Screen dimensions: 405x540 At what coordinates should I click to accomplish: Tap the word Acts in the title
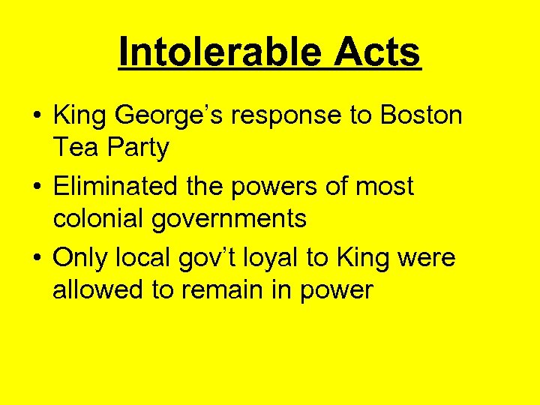(377, 53)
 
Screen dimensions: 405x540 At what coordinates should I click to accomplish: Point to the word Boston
(421, 115)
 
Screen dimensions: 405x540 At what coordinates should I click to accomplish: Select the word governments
(233, 218)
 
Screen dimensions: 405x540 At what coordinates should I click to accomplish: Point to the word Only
(82, 257)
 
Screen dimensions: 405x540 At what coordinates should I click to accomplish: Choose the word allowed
(98, 289)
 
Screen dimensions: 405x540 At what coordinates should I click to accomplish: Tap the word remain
(235, 289)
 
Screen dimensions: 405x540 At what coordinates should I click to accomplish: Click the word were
(427, 257)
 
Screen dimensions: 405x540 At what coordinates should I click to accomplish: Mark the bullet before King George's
(36, 116)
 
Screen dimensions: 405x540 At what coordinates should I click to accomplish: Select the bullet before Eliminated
(36, 187)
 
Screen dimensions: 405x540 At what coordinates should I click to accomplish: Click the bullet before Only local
(36, 258)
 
